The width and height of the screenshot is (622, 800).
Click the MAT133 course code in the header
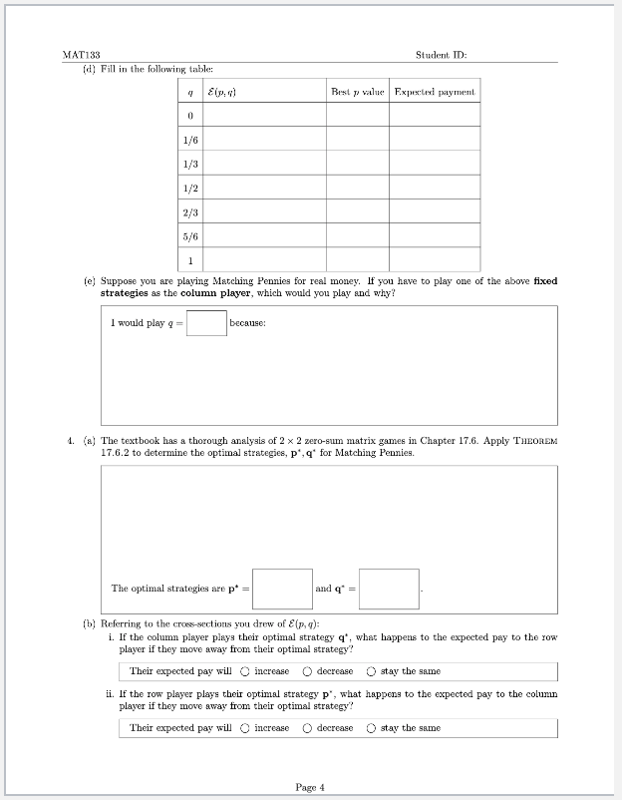click(75, 55)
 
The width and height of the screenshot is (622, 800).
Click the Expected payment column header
click(435, 91)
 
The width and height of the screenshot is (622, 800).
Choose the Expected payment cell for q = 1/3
click(435, 164)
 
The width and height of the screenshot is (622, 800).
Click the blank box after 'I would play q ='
click(206, 323)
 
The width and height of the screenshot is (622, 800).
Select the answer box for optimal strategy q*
click(389, 589)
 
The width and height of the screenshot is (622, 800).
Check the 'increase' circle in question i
click(244, 671)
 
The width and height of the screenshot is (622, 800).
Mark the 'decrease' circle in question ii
click(308, 728)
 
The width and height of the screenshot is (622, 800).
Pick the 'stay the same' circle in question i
click(372, 671)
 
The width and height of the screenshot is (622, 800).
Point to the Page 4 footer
click(310, 787)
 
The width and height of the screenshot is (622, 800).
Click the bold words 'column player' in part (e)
click(207, 293)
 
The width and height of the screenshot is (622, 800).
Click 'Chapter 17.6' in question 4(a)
click(441, 441)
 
